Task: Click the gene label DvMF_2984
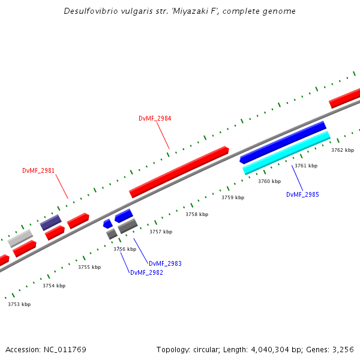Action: [x=155, y=119]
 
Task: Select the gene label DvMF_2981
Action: [x=38, y=171]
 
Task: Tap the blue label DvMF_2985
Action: [x=302, y=194]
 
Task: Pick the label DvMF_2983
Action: [x=165, y=263]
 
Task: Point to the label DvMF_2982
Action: [x=146, y=272]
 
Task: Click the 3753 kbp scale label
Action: [x=19, y=304]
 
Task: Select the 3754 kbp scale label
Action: [x=54, y=286]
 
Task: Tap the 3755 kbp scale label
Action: [x=89, y=267]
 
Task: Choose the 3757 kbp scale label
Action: [x=161, y=232]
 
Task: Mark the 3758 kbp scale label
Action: [x=197, y=214]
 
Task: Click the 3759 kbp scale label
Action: [x=233, y=197]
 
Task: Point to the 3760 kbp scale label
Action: [x=269, y=181]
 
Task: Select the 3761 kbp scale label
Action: [x=306, y=166]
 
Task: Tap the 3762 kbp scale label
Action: [x=343, y=150]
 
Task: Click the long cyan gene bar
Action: [x=287, y=153]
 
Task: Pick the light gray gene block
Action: [x=20, y=238]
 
